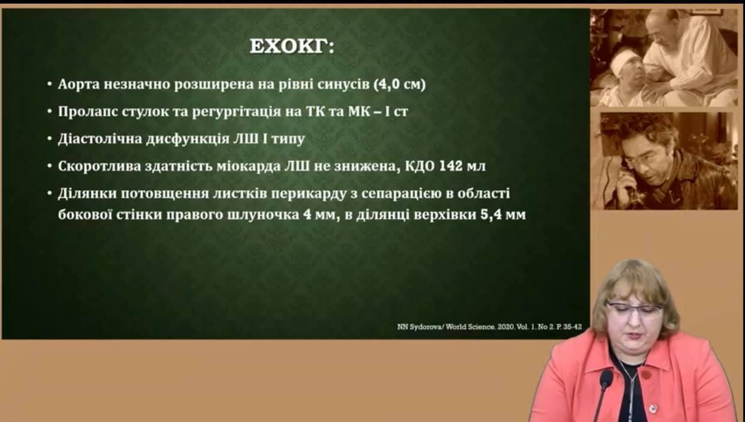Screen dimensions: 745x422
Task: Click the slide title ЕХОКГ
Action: point(292,47)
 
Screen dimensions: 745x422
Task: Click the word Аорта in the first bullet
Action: point(79,85)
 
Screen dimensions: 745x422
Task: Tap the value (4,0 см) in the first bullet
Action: point(399,85)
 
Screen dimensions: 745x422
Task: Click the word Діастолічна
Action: point(100,139)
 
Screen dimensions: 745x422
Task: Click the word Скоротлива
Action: point(100,166)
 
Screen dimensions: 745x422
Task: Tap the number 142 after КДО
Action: point(451,166)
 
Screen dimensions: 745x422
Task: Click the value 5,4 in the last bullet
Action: point(491,215)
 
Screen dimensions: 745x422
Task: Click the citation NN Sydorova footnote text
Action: point(490,327)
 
